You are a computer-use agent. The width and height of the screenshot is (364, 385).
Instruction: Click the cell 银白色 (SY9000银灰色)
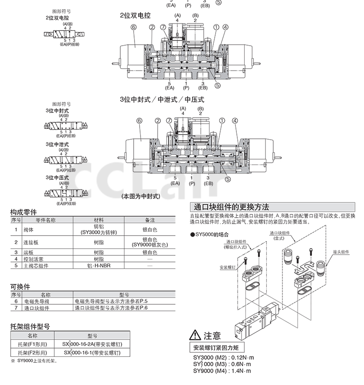click(x=150, y=242)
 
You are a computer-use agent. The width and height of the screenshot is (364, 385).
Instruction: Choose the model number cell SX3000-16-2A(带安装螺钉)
click(x=96, y=344)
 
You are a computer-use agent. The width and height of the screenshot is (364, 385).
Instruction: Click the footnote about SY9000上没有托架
click(x=36, y=361)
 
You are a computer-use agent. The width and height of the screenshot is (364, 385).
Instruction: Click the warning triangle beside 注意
click(x=195, y=336)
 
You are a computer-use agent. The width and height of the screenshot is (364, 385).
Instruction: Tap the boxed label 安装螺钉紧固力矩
click(x=217, y=347)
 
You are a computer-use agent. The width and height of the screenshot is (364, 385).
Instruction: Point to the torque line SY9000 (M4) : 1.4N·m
click(x=223, y=370)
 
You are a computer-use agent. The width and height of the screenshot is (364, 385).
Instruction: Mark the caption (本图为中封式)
click(x=140, y=196)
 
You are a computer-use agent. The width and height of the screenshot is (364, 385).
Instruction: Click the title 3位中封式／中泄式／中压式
click(x=162, y=99)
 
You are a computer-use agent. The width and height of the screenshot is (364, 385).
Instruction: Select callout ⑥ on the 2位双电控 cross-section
click(x=134, y=27)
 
